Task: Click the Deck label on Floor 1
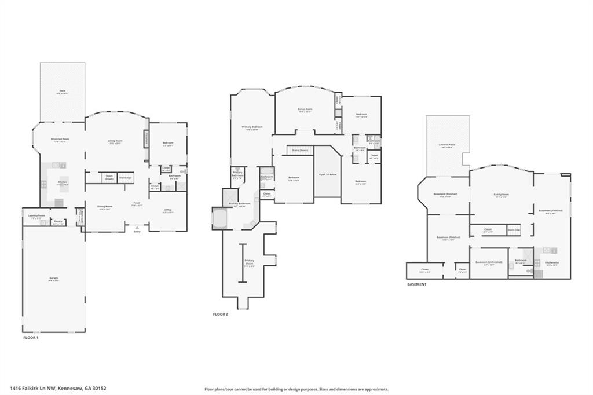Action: point(62,91)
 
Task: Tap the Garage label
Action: point(53,279)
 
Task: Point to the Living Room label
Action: point(115,141)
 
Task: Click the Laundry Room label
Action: point(36,215)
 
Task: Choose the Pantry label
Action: point(58,221)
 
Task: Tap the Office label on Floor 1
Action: point(168,210)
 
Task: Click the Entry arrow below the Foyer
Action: point(137,228)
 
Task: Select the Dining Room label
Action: point(105,207)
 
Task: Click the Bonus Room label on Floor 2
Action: point(305,109)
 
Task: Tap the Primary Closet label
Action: point(249,262)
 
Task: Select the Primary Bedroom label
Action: point(252,127)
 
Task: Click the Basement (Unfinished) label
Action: point(489,263)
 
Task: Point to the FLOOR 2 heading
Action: point(221,314)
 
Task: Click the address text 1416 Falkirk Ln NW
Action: point(32,389)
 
